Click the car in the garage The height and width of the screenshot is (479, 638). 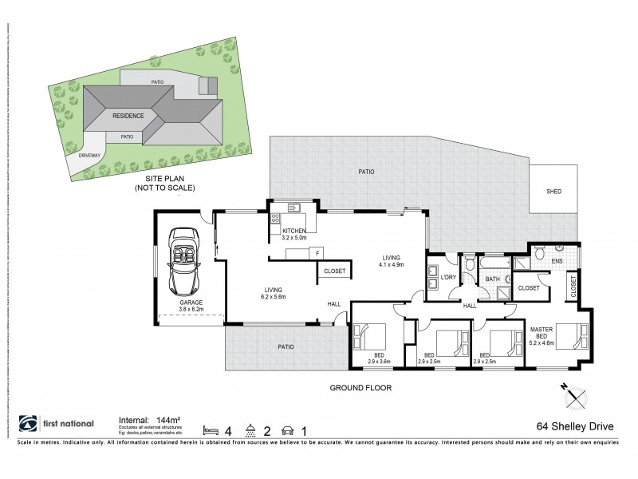coord(184,262)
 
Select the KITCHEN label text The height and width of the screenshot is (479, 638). coord(294,231)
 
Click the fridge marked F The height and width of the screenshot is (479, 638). coord(317,253)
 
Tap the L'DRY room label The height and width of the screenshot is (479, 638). coord(448,278)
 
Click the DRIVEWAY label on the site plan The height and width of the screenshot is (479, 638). coord(89,156)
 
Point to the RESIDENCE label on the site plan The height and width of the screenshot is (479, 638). coord(128,116)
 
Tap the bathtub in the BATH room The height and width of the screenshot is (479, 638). coord(495,261)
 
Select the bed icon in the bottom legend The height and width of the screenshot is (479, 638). coord(210,429)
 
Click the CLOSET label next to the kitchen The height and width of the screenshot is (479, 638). coord(335,271)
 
